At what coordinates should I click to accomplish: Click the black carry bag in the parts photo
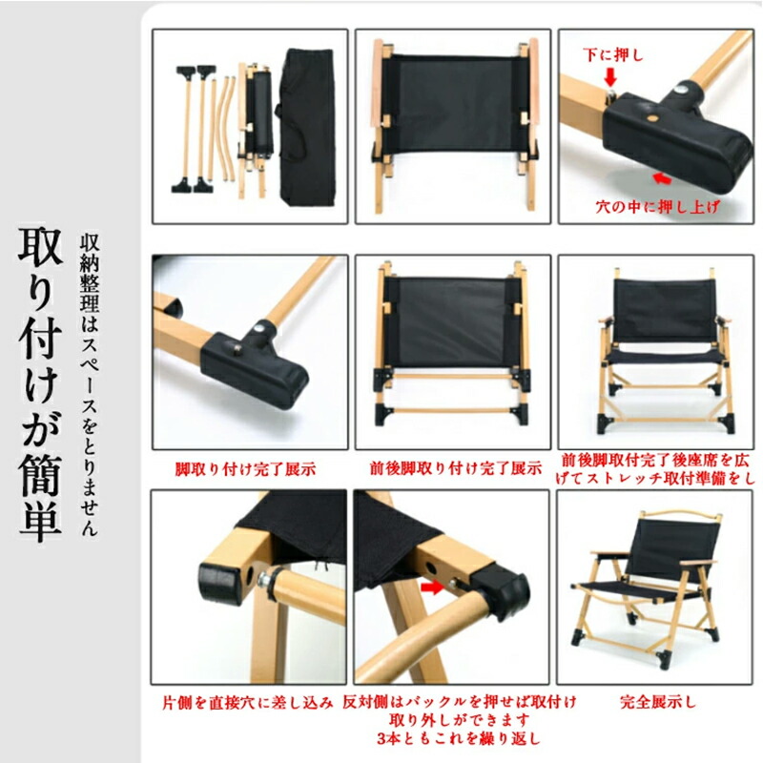(306, 128)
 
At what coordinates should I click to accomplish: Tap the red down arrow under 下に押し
(610, 76)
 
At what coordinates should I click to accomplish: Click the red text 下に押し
(613, 54)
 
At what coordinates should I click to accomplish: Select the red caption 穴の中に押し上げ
(658, 207)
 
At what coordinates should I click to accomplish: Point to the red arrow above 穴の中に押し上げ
(662, 178)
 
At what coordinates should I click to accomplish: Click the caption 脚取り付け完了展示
(246, 469)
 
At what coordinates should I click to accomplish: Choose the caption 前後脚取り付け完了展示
(456, 468)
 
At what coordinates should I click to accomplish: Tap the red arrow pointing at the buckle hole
(432, 588)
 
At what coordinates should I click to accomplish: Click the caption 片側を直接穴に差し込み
(248, 703)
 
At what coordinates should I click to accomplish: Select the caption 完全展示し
(658, 702)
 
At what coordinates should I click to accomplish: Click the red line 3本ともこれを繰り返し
(459, 738)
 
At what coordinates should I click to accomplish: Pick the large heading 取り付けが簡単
(40, 384)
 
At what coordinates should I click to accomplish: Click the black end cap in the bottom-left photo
(221, 583)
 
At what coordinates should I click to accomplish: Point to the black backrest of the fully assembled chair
(670, 544)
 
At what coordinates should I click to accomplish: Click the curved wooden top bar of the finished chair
(680, 513)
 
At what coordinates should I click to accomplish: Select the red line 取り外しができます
(459, 720)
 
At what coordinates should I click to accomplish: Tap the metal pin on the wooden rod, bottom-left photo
(265, 579)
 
